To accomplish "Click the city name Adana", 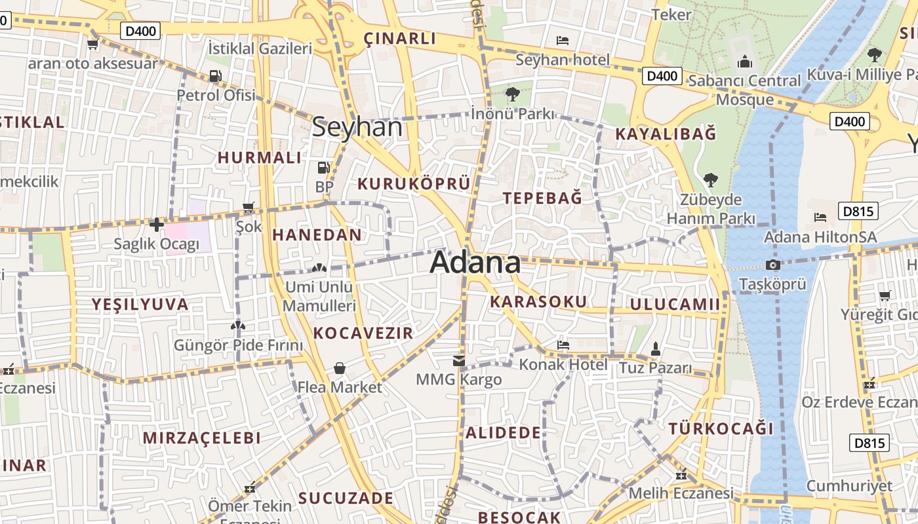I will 475,263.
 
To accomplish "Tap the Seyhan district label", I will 357,126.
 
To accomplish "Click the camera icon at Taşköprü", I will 773,265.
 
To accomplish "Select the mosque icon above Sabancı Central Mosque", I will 744,62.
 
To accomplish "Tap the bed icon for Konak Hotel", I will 563,345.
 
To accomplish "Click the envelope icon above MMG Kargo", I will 458,360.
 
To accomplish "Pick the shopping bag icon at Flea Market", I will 340,368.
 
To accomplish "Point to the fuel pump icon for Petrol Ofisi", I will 215,76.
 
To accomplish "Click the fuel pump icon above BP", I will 323,168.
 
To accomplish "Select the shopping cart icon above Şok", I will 249,208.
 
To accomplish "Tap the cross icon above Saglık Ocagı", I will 156,225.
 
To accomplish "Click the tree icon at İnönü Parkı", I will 513,95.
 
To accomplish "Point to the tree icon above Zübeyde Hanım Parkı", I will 710,179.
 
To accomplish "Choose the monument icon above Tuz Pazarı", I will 655,349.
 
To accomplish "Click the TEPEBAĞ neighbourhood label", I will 542,198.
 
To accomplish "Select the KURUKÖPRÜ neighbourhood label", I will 414,183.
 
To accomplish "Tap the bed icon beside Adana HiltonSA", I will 820,217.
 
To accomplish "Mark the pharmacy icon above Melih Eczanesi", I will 681,475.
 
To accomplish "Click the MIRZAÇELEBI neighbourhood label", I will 202,438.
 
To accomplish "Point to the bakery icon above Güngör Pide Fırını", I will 238,326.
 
